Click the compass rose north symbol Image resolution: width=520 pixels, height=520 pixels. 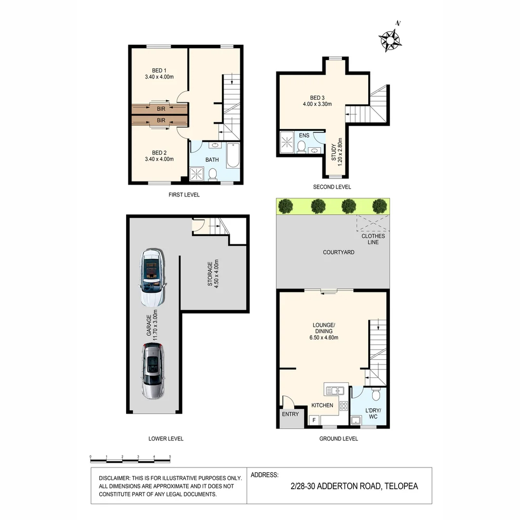click(x=390, y=39)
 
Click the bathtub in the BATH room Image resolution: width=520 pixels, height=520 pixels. click(x=233, y=156)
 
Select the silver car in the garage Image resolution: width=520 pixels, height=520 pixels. click(x=152, y=371)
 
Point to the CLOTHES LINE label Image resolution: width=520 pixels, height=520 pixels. click(x=373, y=239)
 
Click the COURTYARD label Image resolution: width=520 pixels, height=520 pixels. click(x=338, y=252)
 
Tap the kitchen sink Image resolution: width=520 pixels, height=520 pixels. click(x=334, y=390)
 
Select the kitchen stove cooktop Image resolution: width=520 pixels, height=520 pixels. click(x=344, y=406)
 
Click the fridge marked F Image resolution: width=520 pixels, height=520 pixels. click(x=314, y=420)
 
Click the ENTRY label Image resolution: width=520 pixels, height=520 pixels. click(x=290, y=414)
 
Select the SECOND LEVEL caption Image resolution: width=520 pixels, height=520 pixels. click(x=332, y=187)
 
